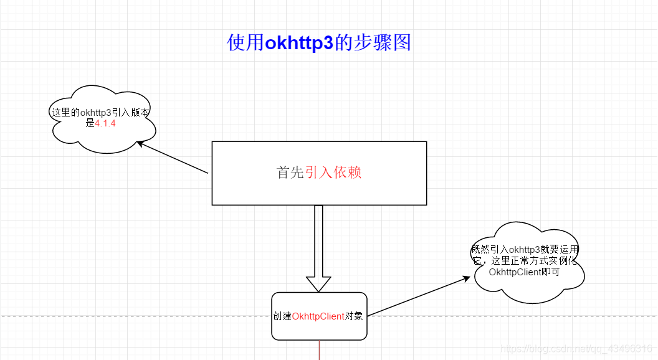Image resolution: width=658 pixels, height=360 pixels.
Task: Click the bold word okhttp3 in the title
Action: pyautogui.click(x=299, y=43)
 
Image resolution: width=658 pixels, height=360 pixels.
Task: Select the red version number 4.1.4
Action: pyautogui.click(x=105, y=123)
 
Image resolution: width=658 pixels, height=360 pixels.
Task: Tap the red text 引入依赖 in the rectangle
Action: pyautogui.click(x=333, y=173)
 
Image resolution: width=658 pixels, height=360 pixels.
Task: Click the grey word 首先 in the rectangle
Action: pyautogui.click(x=290, y=173)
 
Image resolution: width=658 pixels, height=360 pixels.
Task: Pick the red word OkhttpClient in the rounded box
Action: pyautogui.click(x=318, y=316)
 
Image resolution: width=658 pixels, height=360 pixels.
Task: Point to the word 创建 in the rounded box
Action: pyautogui.click(x=282, y=316)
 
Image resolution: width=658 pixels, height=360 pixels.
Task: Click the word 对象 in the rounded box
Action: pyautogui.click(x=355, y=316)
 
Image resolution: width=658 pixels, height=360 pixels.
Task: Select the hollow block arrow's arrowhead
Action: pyautogui.click(x=318, y=283)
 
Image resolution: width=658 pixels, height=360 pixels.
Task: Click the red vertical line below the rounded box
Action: pyautogui.click(x=319, y=350)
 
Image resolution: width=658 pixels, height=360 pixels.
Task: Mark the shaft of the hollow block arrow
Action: pyautogui.click(x=318, y=240)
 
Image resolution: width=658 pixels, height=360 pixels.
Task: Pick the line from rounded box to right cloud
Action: pyautogui.click(x=417, y=296)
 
